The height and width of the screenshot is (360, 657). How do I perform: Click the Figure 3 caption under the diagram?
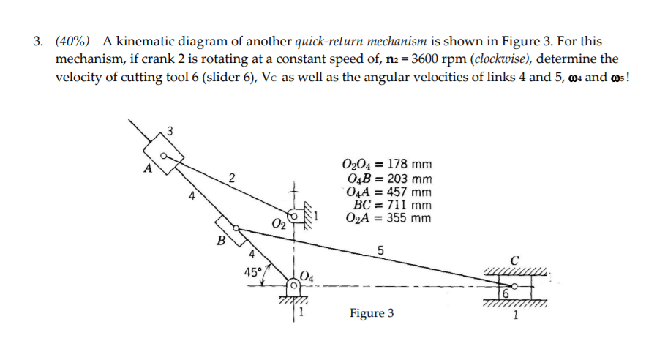[371, 313]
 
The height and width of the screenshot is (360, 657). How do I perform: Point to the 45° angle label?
[254, 271]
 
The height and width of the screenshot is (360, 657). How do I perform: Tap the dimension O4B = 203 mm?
[389, 178]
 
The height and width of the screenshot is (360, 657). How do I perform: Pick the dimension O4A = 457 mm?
[388, 192]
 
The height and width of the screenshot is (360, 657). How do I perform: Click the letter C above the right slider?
[516, 260]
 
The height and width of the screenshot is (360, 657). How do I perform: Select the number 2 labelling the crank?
[231, 177]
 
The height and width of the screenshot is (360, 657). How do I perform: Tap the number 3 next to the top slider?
[170, 132]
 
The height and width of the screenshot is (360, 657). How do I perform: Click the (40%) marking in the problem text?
[75, 41]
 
